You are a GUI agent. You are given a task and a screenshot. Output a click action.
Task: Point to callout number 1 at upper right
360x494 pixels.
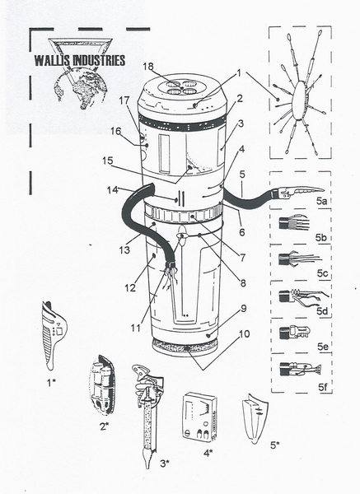(x=239, y=72)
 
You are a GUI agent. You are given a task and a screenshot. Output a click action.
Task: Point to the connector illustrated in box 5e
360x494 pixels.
(x=294, y=334)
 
